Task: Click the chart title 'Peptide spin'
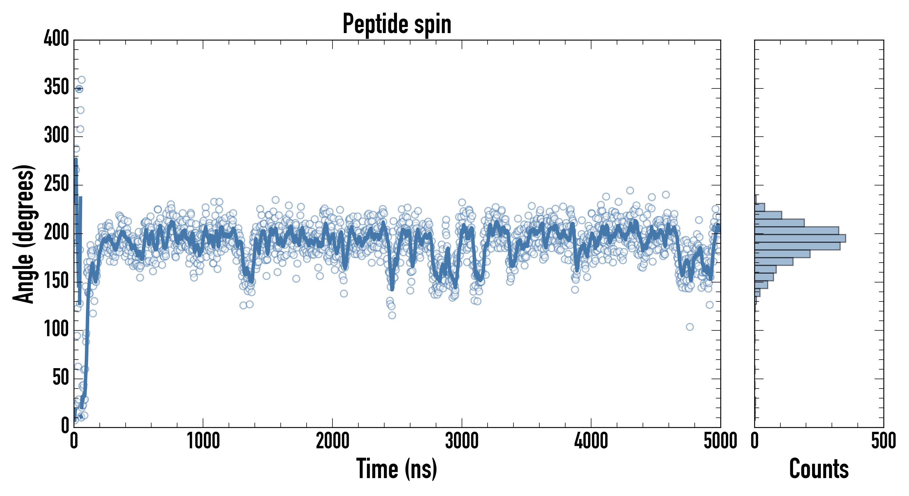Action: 397,24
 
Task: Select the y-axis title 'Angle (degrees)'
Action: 24,234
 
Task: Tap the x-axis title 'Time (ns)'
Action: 397,469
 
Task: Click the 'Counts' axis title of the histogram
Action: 819,469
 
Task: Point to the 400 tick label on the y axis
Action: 56,38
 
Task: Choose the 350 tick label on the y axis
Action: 56,87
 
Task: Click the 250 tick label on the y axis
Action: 56,184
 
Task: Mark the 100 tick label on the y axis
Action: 56,329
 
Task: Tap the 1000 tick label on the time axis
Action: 203,441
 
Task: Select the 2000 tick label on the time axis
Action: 332,441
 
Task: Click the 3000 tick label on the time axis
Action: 462,441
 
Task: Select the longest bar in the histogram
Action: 800,238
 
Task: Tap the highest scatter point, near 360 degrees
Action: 82,80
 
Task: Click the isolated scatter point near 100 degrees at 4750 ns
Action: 690,327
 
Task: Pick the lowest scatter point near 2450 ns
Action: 392,315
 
